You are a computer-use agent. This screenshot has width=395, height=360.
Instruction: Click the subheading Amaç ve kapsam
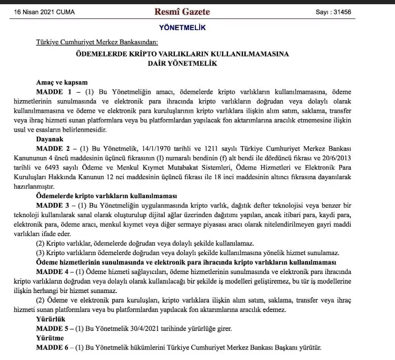58,82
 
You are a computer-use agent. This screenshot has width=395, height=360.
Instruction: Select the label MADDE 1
51,91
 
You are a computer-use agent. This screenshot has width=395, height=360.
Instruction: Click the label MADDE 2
51,148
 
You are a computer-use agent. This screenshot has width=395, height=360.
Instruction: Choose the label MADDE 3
51,205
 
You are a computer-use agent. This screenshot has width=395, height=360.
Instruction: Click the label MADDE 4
51,271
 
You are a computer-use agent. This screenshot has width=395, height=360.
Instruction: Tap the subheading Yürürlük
50,319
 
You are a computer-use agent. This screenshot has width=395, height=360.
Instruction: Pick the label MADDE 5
51,328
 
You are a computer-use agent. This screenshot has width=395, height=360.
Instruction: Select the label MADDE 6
51,347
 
